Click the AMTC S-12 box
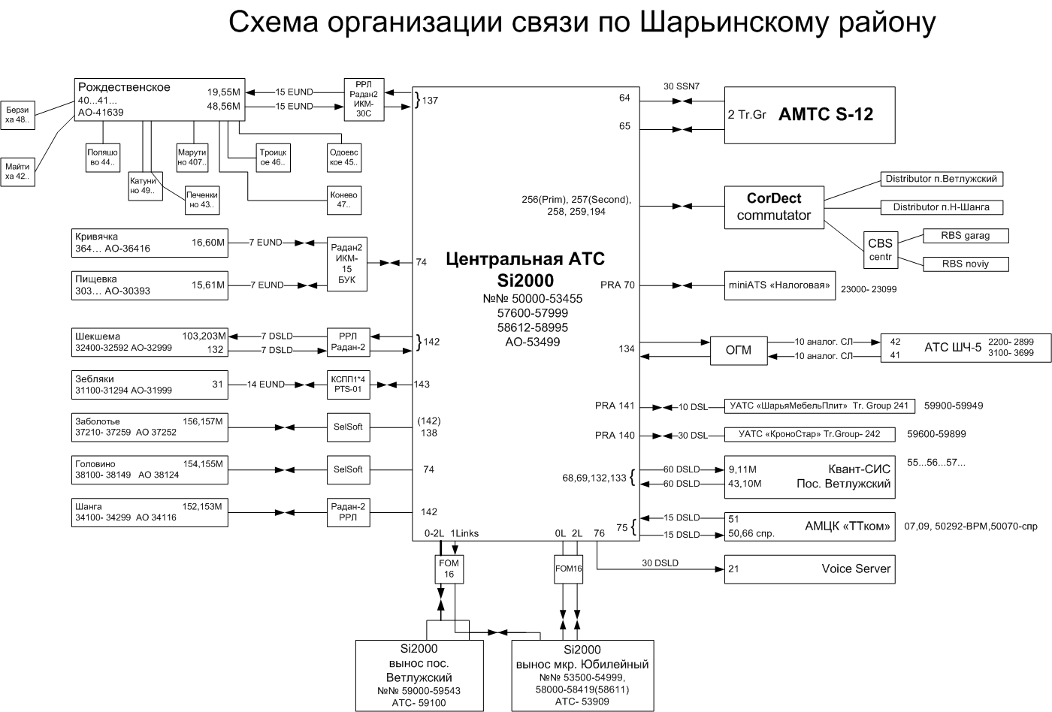pyautogui.click(x=809, y=115)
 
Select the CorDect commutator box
pyautogui.click(x=773, y=207)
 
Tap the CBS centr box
pyautogui.click(x=880, y=249)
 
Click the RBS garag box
pyautogui.click(x=965, y=236)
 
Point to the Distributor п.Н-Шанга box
pyautogui.click(x=941, y=207)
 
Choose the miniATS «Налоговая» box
pyautogui.click(x=779, y=285)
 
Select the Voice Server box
pyautogui.click(x=809, y=569)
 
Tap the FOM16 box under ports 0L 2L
pyautogui.click(x=568, y=569)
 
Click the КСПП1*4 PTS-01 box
pyautogui.click(x=348, y=385)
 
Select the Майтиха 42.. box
pyautogui.click(x=17, y=171)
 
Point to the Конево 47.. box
pyautogui.click(x=343, y=199)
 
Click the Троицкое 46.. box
pyautogui.click(x=273, y=157)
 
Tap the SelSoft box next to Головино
pyautogui.click(x=348, y=469)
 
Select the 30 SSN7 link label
pyautogui.click(x=682, y=86)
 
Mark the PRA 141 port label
pyautogui.click(x=615, y=406)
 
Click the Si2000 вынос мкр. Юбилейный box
pyautogui.click(x=582, y=675)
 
